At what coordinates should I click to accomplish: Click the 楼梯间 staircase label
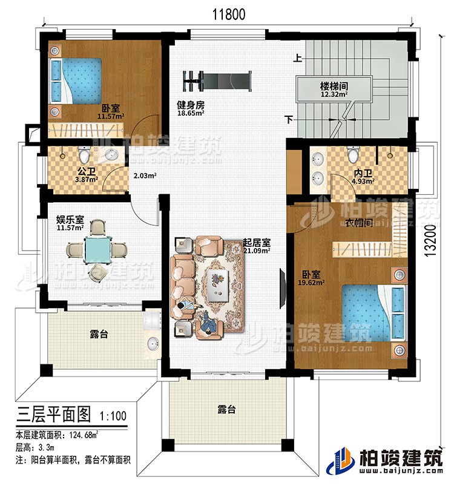click(334, 85)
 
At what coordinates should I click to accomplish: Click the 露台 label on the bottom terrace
click(226, 410)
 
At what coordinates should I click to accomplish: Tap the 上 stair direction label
click(298, 59)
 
